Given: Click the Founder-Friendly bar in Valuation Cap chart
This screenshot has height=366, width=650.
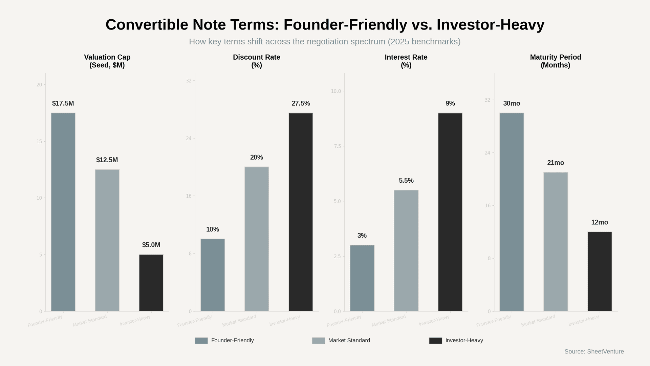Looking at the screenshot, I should tap(63, 212).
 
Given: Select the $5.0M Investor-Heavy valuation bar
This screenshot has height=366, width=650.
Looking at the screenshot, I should tap(151, 283).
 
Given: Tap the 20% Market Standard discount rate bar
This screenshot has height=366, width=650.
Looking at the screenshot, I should tap(257, 239).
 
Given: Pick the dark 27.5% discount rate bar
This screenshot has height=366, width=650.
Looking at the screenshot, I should tap(301, 212).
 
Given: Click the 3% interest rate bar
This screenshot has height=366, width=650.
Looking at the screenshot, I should tap(362, 278).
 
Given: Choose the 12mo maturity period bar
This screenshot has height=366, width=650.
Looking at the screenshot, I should tap(600, 271).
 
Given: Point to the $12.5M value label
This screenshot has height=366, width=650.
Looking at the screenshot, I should tap(107, 160).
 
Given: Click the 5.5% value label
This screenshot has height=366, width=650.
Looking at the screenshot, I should tap(406, 181).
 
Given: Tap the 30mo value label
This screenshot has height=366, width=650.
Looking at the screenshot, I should tap(512, 103).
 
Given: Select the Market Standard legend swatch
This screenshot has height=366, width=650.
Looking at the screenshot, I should tap(318, 341).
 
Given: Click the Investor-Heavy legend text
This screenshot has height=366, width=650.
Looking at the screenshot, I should tap(464, 341).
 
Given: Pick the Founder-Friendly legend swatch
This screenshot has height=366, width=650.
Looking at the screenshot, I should tap(201, 341).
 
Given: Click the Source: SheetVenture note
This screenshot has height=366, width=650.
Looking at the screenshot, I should tap(594, 352).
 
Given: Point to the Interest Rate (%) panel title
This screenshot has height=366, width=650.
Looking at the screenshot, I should tap(406, 61).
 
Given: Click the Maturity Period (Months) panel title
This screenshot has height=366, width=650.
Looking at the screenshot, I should tap(555, 61).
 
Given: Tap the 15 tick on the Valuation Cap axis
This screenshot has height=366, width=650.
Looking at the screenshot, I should tap(39, 141).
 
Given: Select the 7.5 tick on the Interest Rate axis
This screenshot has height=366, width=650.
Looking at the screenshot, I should tap(337, 146).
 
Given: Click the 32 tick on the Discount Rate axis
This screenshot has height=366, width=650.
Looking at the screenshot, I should tap(189, 81).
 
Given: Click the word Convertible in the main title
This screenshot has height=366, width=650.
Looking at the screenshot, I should tap(147, 25).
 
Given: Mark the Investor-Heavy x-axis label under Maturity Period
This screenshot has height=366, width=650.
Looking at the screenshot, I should tap(584, 321).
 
